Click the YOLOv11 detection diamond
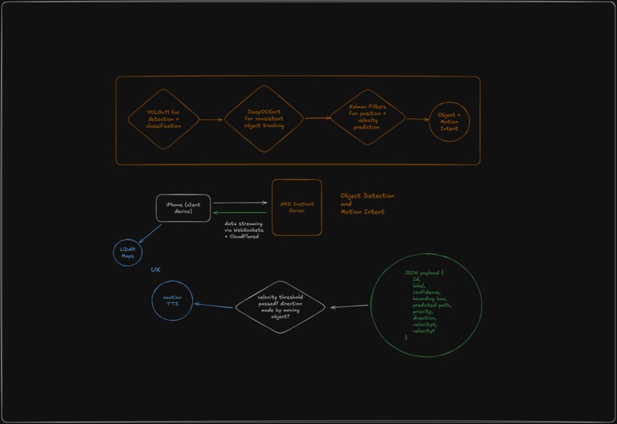(x=163, y=119)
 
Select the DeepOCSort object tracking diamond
(x=265, y=119)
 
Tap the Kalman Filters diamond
(x=367, y=117)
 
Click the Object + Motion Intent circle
(x=449, y=122)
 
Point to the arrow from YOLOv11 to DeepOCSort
(x=211, y=119)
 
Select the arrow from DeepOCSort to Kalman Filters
(x=317, y=118)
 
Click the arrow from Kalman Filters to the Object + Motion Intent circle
(x=417, y=119)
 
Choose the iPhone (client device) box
(x=183, y=208)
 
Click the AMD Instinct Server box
(x=297, y=207)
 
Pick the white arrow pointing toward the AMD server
(x=240, y=203)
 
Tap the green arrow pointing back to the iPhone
(x=240, y=213)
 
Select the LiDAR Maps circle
(x=128, y=253)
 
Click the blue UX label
(x=155, y=270)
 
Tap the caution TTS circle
(x=172, y=301)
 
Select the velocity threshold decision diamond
(x=279, y=307)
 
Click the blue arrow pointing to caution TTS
(x=214, y=305)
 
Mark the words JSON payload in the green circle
(x=422, y=272)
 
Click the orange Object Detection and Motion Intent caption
(x=367, y=204)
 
